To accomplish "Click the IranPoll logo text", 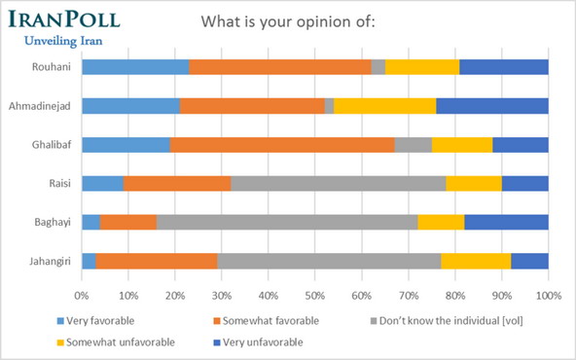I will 63,21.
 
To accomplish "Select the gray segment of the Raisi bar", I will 338,183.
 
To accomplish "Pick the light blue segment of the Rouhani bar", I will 135,67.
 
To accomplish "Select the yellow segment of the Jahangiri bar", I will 476,261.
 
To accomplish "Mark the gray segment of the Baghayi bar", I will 287,222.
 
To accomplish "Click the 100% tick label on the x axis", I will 548,295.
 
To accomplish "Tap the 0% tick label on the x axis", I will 82,295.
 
